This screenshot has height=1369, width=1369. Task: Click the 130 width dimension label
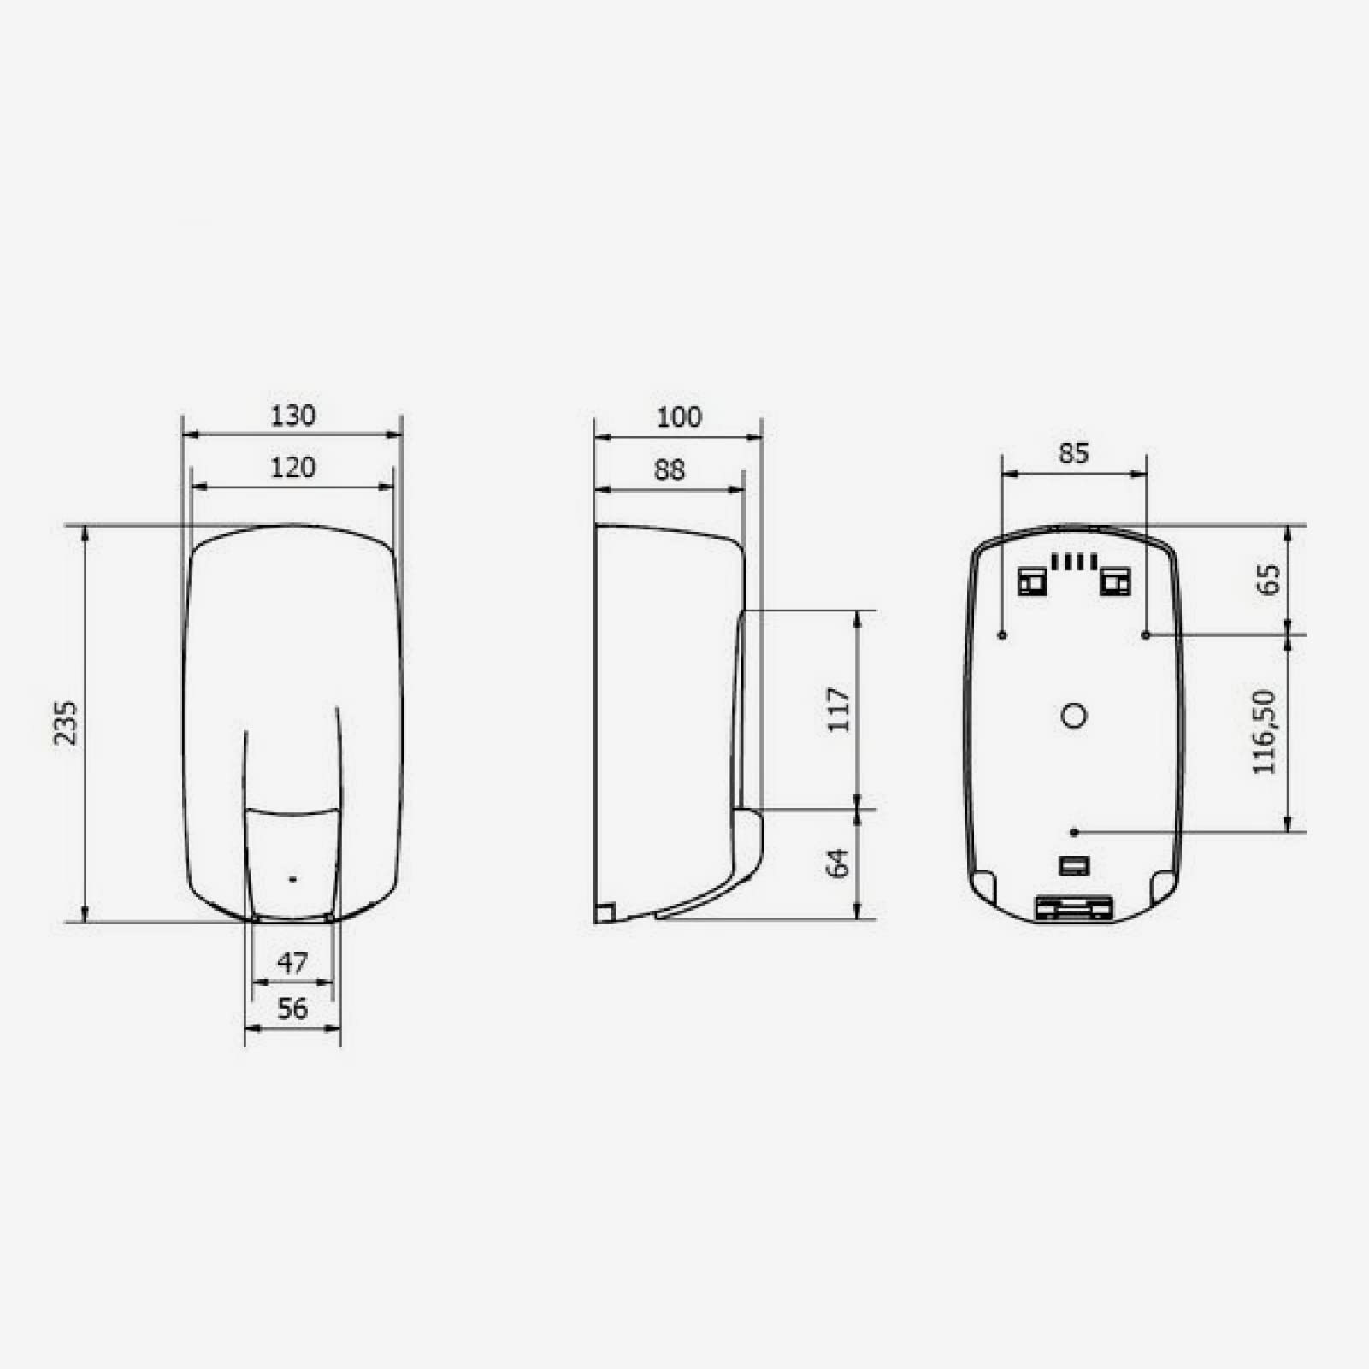click(293, 416)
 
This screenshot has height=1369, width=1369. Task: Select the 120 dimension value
click(293, 468)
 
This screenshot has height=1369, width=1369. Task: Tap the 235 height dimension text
click(66, 723)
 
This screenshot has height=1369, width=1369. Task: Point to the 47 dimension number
click(292, 964)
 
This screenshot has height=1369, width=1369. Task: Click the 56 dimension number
click(292, 1009)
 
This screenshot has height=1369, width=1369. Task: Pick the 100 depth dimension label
click(679, 417)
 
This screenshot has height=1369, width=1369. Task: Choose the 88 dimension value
click(670, 470)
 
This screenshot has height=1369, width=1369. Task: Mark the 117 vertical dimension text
click(840, 710)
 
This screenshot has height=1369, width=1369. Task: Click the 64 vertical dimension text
click(839, 864)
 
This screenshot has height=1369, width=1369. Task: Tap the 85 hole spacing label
click(1074, 453)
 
